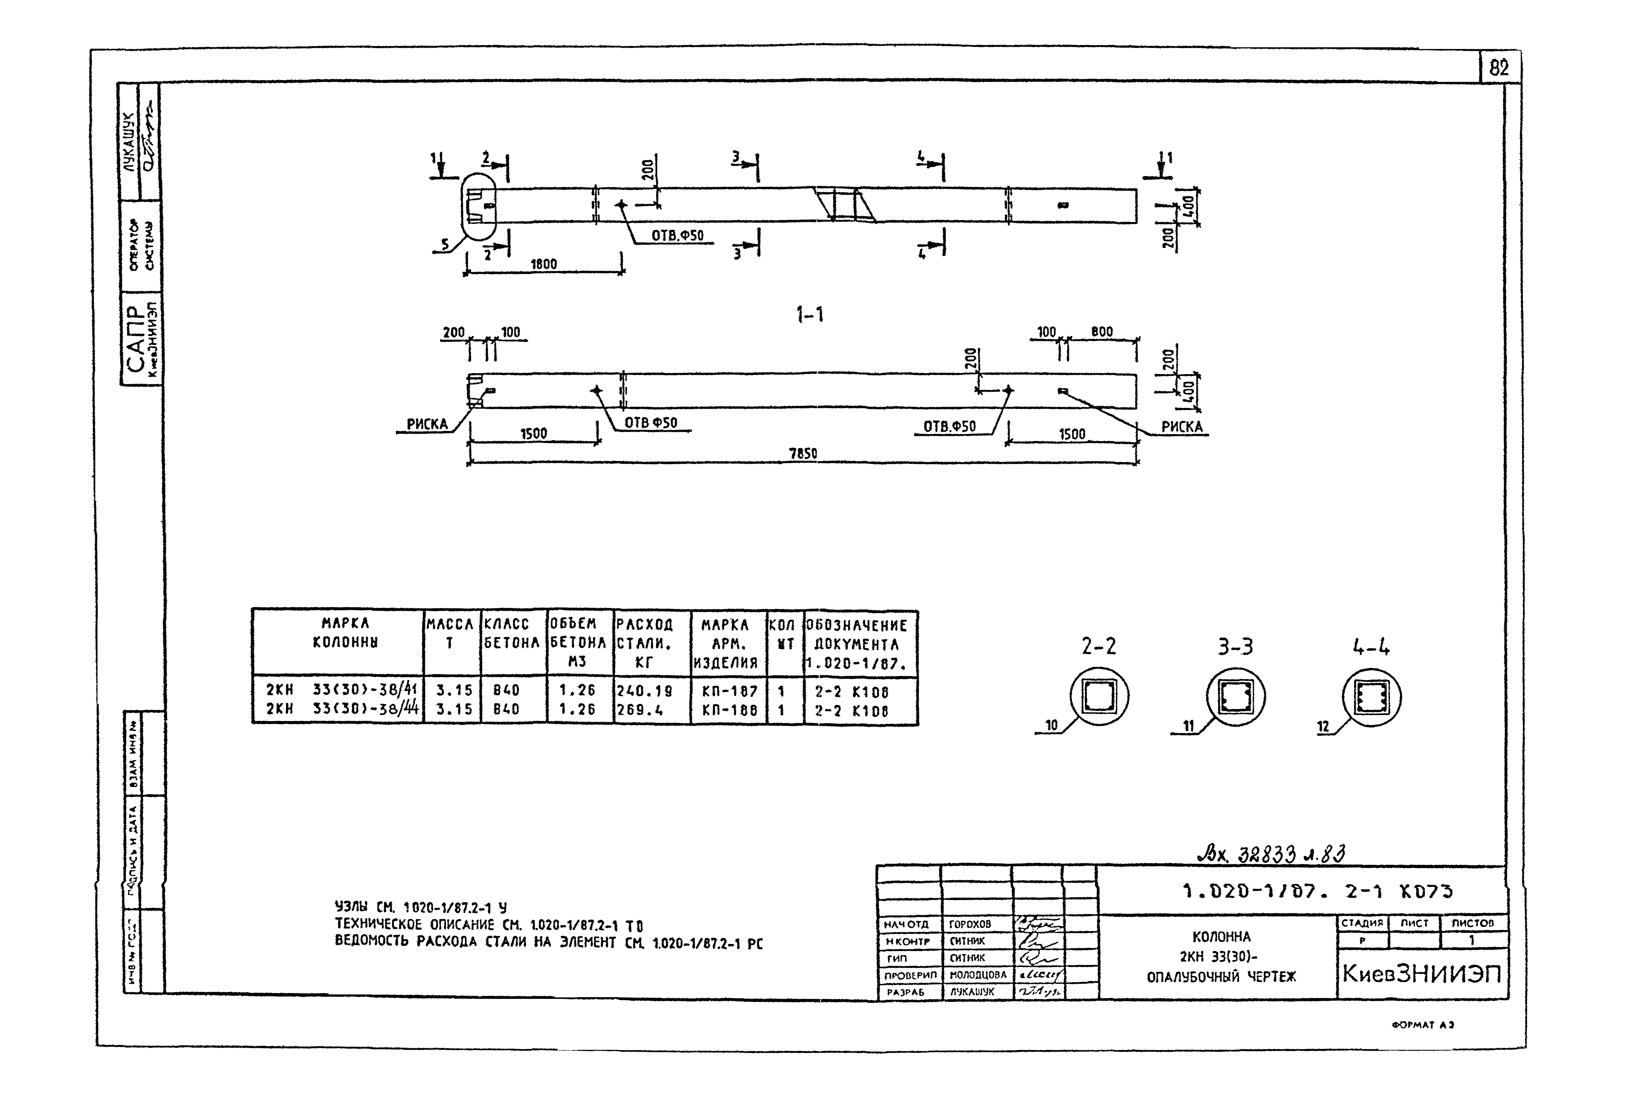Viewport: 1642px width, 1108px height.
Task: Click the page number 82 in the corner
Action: (x=1498, y=69)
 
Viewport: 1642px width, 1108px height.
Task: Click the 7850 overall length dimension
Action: (x=803, y=454)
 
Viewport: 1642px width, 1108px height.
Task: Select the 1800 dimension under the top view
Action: (x=543, y=264)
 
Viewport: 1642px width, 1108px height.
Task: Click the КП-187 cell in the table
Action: (x=729, y=691)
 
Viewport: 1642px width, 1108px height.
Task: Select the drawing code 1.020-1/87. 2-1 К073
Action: (x=1317, y=892)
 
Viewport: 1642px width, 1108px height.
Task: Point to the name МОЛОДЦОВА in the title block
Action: (x=978, y=975)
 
